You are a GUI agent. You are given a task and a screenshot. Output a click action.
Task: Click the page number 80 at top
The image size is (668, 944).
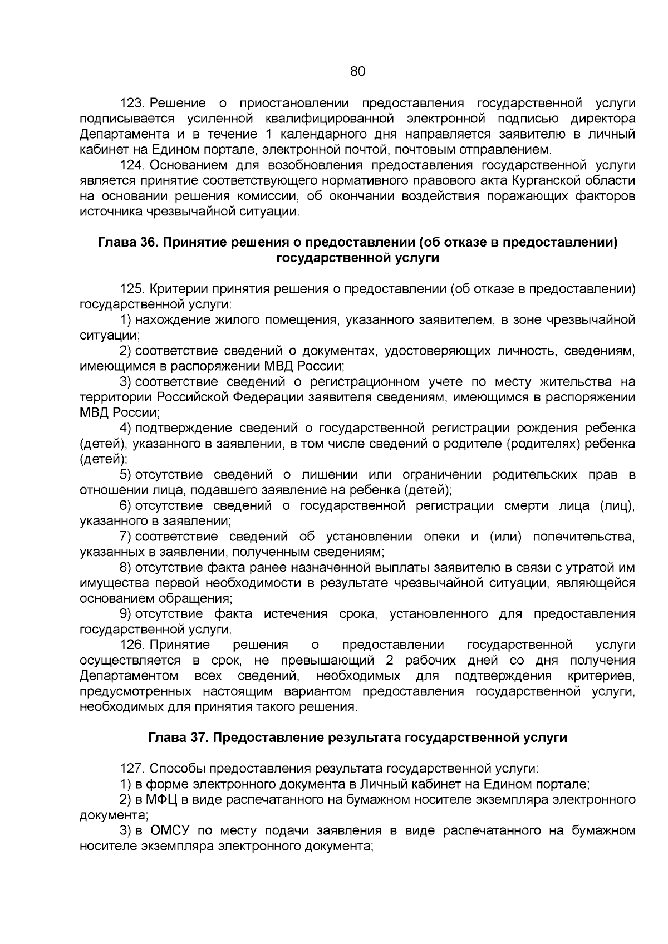[x=357, y=71]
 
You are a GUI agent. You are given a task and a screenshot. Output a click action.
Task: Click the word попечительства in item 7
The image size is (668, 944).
[x=583, y=537]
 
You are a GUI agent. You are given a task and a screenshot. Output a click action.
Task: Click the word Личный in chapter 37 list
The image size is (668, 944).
[x=380, y=784]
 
